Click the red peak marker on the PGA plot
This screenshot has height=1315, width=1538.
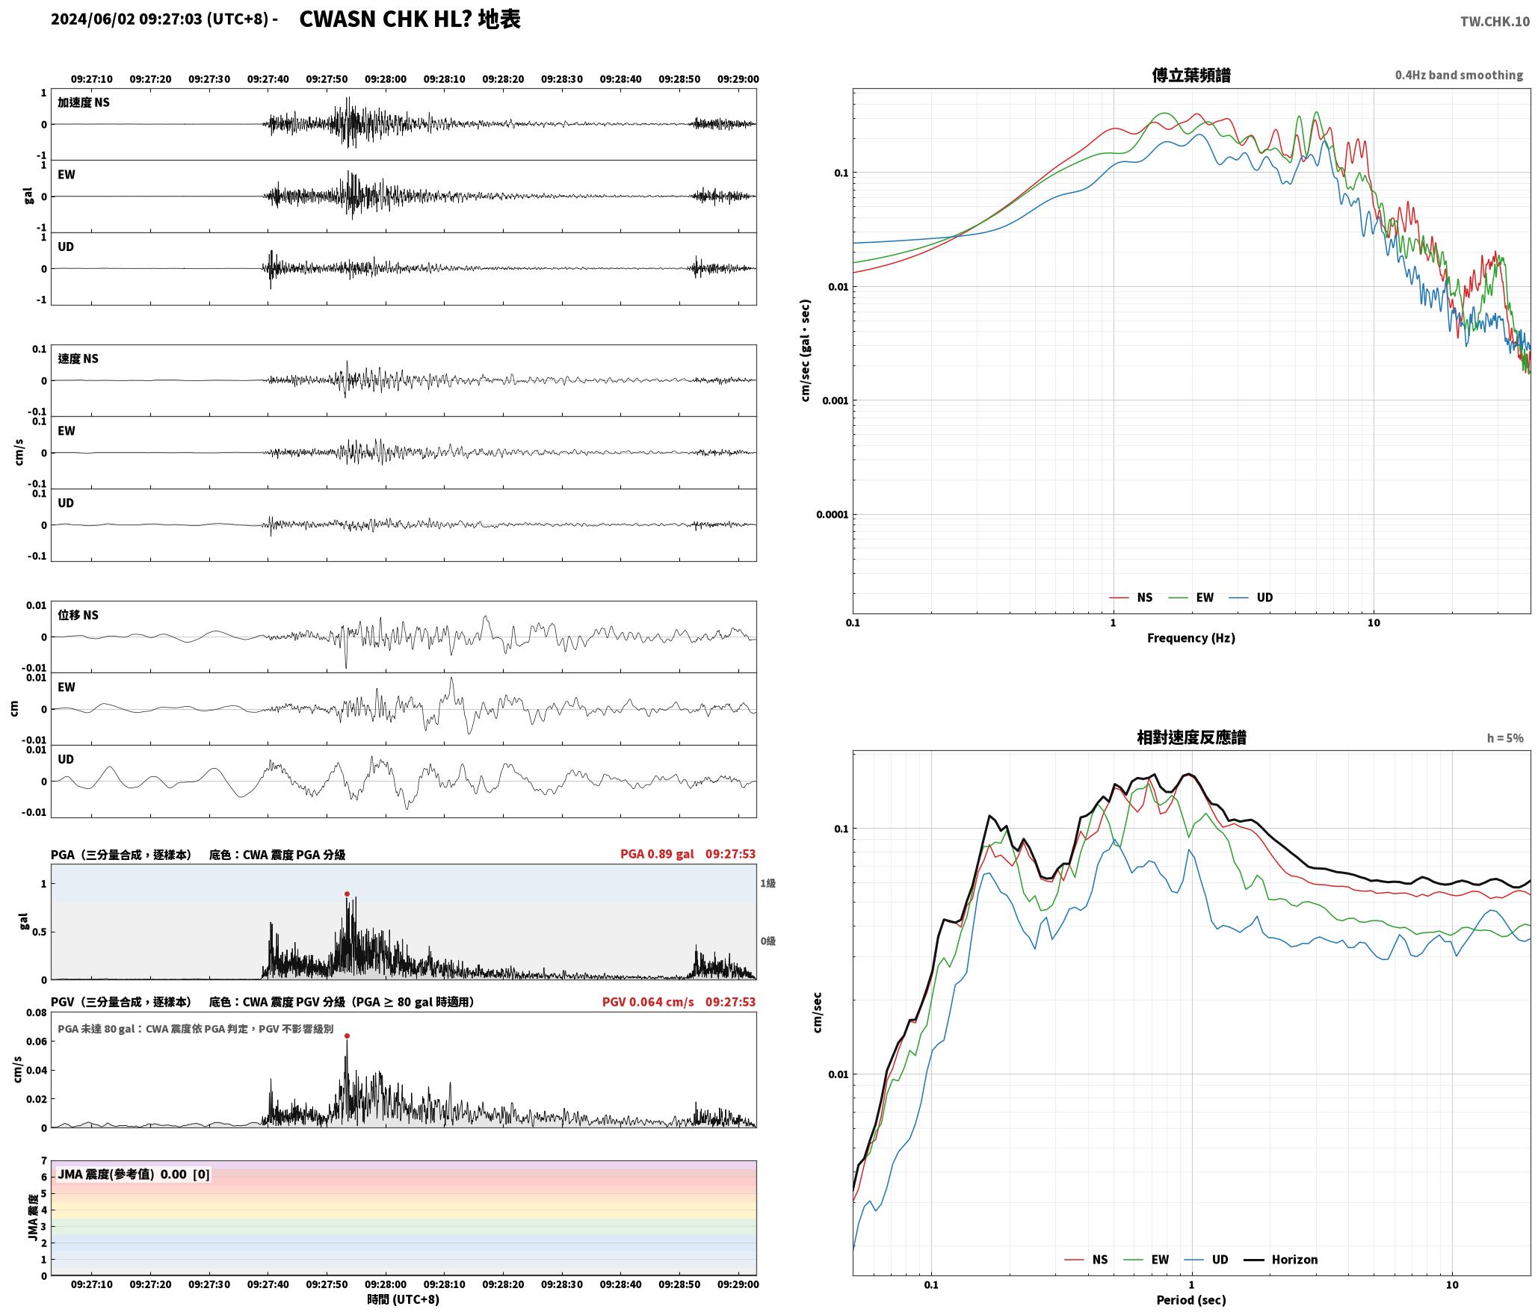(347, 894)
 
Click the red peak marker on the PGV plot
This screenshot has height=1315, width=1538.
(347, 1036)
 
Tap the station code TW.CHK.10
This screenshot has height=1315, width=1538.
(1495, 22)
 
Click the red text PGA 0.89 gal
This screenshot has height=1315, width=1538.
(657, 854)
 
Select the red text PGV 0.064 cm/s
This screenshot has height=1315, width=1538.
(648, 1002)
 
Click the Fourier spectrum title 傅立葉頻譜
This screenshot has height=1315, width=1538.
(1191, 75)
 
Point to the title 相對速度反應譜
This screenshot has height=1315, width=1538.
(1191, 737)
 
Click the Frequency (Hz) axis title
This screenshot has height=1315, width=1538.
(1191, 638)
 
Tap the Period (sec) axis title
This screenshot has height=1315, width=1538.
(1191, 1300)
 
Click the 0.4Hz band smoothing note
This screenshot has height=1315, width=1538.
(1459, 75)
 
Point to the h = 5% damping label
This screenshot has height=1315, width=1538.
(1505, 738)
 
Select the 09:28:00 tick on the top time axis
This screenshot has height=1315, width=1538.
(386, 79)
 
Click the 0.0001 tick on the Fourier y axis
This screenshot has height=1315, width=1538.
(830, 515)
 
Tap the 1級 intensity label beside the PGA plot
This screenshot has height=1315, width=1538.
(768, 883)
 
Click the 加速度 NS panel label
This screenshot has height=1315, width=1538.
(84, 102)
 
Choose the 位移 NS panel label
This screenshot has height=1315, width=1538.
(78, 615)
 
